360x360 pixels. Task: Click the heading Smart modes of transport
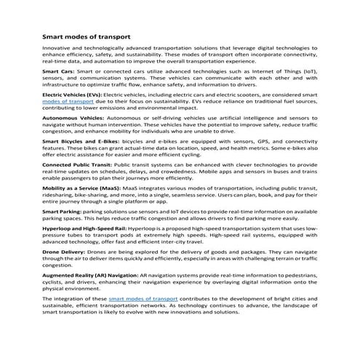pyautogui.click(x=87, y=35)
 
